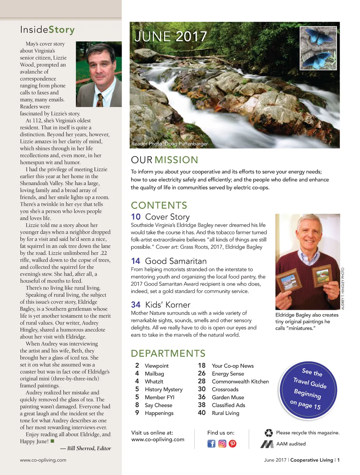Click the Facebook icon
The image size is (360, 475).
click(x=211, y=443)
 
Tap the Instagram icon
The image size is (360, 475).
click(x=222, y=443)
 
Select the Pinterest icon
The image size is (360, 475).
click(x=233, y=443)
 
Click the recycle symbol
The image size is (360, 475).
click(x=269, y=433)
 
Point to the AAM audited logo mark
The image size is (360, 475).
click(x=267, y=444)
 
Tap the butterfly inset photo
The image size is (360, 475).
click(x=318, y=48)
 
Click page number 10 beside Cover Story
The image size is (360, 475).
click(x=136, y=217)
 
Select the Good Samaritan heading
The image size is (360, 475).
click(x=176, y=261)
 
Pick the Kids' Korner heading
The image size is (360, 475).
click(x=168, y=305)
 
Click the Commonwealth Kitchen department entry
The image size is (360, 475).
click(x=240, y=381)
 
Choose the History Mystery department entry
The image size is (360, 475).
click(x=163, y=389)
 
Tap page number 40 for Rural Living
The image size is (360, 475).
click(x=202, y=413)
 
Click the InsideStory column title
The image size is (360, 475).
click(x=47, y=30)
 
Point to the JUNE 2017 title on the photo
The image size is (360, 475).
click(x=171, y=37)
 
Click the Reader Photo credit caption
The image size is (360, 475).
click(x=169, y=144)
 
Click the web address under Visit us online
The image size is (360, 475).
click(x=158, y=439)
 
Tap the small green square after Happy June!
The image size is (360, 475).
click(x=52, y=441)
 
